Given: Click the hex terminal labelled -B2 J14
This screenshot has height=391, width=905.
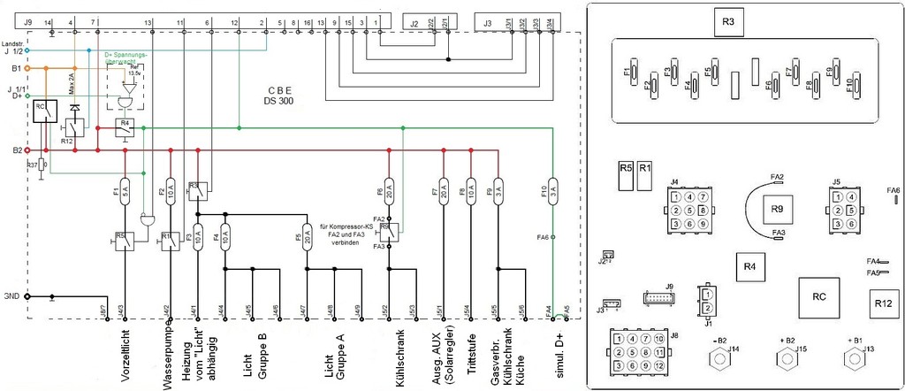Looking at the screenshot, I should click(x=719, y=360).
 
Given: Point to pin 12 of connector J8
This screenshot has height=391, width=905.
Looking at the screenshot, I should click(x=659, y=365).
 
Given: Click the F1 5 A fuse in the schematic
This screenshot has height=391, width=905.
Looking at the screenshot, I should click(x=125, y=191).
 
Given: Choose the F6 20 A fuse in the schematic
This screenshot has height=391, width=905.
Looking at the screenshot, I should click(x=389, y=192).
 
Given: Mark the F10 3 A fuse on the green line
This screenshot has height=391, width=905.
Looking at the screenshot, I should click(x=553, y=192).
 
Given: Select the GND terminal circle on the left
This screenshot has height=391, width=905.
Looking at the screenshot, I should click(x=27, y=296).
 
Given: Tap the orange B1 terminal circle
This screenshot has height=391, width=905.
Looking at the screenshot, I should click(x=27, y=67).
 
